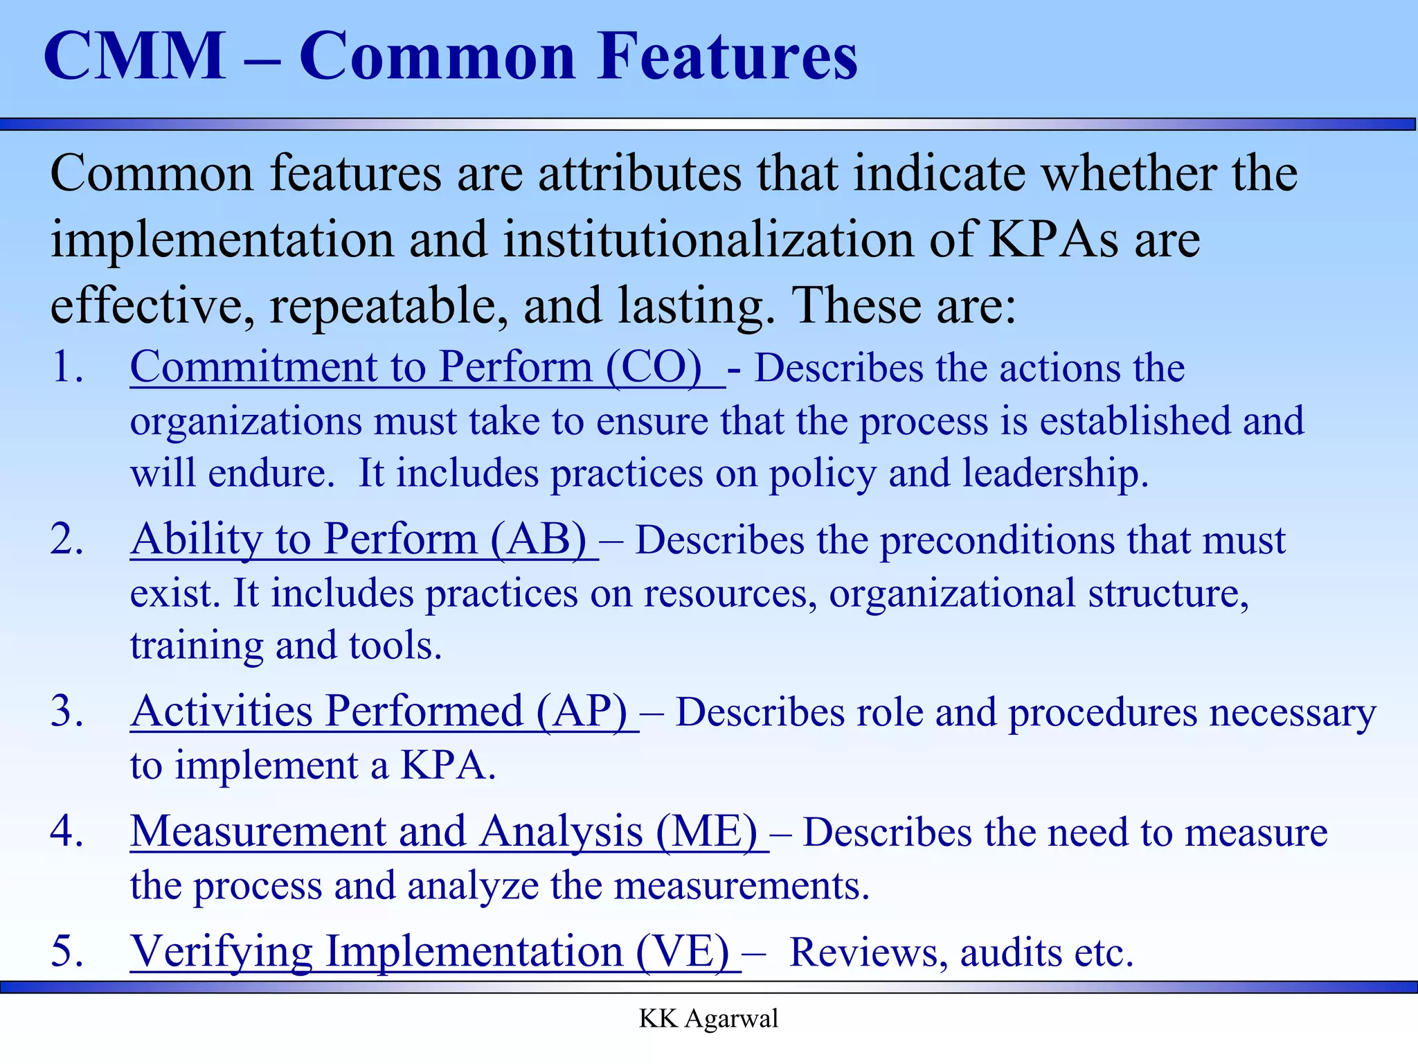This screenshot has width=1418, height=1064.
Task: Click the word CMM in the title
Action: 135,57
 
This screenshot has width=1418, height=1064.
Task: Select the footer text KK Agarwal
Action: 708,1019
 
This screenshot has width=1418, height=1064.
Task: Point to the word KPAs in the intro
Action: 1052,239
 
